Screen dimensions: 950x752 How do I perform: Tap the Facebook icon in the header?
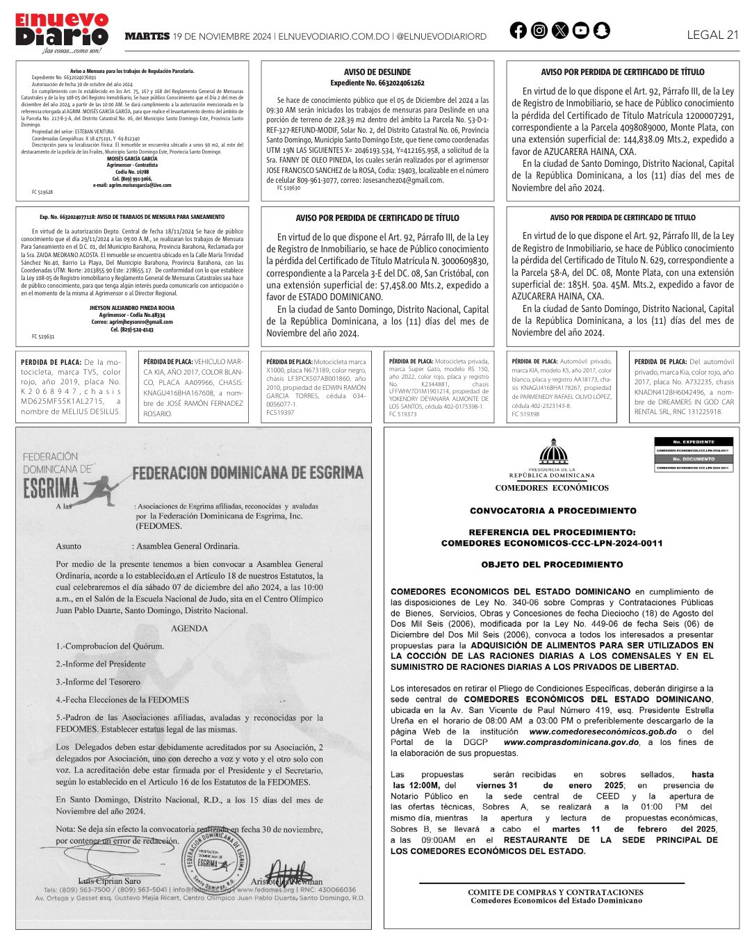tap(518, 31)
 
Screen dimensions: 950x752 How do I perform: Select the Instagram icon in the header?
tap(539, 31)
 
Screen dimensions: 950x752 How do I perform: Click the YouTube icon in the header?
tap(580, 31)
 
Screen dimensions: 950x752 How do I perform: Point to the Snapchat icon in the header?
tap(601, 31)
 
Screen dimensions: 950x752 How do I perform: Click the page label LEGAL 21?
tap(712, 35)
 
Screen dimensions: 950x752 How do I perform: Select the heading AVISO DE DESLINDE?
tap(377, 72)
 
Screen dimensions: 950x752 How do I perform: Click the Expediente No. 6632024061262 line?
tap(377, 83)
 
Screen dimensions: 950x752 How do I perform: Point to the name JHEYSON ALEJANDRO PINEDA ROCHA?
tap(132, 308)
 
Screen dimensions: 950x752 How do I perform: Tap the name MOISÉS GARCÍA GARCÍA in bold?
tap(132, 158)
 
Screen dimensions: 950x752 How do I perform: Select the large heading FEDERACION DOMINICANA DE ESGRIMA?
tap(247, 473)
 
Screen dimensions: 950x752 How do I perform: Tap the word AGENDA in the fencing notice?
tap(190, 628)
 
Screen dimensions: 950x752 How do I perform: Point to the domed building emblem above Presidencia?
tap(553, 452)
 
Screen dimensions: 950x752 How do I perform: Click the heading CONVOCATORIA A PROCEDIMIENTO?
tap(553, 511)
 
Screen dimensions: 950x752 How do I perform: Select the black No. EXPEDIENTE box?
tap(694, 442)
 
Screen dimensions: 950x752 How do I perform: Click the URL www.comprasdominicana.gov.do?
tap(571, 742)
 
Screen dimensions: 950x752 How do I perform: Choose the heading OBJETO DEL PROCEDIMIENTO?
tap(552, 565)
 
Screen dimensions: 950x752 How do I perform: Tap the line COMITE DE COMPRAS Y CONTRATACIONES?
tap(555, 892)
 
